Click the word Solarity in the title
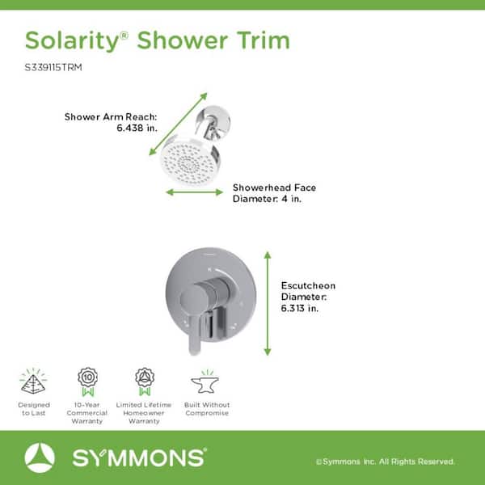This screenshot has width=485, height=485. point(72,41)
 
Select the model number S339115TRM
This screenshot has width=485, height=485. point(53,67)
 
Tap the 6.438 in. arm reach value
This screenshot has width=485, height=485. point(137,128)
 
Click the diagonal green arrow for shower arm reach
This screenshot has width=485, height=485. point(178,124)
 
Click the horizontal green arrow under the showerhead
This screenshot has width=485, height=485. point(194,192)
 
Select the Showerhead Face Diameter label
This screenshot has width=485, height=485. point(274,193)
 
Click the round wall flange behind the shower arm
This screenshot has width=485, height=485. point(213,121)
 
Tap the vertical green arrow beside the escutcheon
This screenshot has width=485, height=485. point(268,303)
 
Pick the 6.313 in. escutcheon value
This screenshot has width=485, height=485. point(299,309)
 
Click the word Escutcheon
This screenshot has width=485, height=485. point(308,285)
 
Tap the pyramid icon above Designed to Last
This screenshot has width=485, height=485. point(33,382)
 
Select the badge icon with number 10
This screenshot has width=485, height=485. point(88,382)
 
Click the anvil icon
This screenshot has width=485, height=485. point(205,382)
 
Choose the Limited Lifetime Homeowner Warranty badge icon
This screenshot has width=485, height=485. point(145,382)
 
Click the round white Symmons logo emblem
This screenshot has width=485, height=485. point(40,458)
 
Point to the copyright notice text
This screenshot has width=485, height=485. point(386,462)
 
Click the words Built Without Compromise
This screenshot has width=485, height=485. point(207,409)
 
